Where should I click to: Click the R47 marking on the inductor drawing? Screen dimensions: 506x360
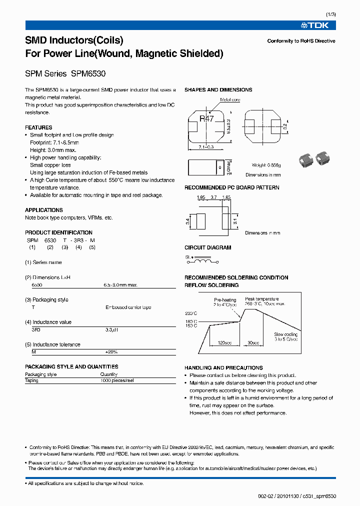(206, 118)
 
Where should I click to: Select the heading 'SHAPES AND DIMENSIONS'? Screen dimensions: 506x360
(218, 90)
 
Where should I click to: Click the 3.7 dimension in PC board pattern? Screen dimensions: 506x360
(213, 197)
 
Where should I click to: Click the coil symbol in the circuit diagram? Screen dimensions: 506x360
(202, 260)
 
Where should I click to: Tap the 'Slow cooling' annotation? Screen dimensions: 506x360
(285, 334)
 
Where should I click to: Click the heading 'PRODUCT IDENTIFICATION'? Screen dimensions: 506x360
(58, 232)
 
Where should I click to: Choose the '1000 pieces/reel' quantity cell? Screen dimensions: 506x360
(117, 380)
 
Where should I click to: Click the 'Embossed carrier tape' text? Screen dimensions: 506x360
(128, 307)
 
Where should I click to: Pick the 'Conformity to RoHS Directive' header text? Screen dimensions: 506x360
(301, 41)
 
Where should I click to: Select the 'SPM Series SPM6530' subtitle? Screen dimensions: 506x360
(65, 73)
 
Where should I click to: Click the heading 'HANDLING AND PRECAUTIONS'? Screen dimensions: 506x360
(223, 367)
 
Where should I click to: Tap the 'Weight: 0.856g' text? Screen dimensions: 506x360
(266, 165)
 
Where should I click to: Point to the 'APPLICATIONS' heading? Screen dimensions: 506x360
(44, 210)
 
